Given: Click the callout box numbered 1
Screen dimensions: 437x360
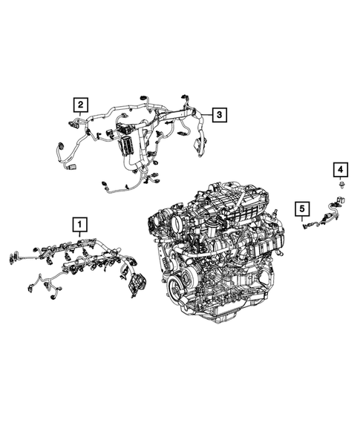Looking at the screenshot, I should click(78, 222).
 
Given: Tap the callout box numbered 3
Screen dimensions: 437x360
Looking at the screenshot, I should click(219, 114).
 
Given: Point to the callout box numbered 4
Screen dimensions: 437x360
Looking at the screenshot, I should click(338, 171).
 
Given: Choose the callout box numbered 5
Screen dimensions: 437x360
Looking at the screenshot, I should click(301, 208).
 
